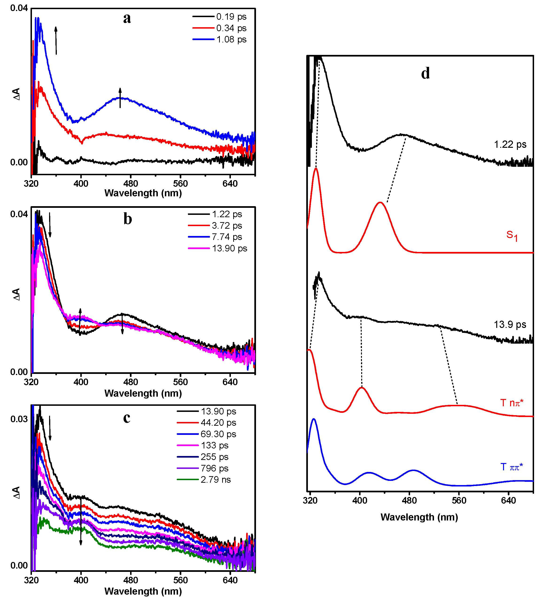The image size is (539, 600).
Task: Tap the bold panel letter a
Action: tap(127, 18)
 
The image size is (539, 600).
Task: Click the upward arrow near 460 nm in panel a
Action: tap(120, 98)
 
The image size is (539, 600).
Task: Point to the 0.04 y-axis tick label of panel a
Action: tap(19, 8)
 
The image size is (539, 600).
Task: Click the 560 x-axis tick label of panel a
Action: tap(180, 184)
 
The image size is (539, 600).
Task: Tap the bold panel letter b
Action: tap(128, 219)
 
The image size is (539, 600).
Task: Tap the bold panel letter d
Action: tap(425, 73)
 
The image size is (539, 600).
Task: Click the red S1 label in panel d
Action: tap(512, 236)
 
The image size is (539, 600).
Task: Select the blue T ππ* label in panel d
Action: tap(512, 467)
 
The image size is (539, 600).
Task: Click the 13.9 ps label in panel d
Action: tap(510, 324)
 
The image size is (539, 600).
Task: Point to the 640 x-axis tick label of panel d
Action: tap(508, 500)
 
